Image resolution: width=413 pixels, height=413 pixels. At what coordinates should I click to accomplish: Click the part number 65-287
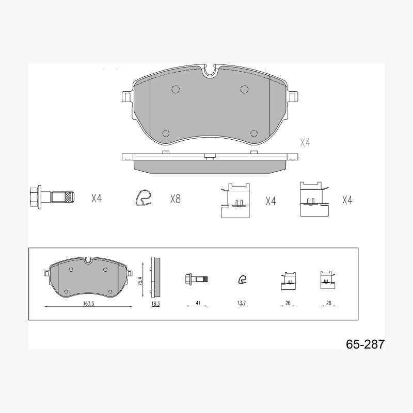click(x=365, y=344)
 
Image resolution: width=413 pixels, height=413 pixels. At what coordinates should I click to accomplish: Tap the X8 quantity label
click(x=176, y=199)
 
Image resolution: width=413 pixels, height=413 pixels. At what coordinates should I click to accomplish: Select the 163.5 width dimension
click(x=89, y=303)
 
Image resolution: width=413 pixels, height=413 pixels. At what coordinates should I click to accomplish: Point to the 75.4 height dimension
click(x=140, y=281)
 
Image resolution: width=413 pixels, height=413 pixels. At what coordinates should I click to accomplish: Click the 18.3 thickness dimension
click(x=155, y=304)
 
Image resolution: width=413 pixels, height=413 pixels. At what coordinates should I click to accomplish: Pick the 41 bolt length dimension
click(x=198, y=303)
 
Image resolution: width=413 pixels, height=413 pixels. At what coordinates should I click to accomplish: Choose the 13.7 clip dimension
click(x=241, y=303)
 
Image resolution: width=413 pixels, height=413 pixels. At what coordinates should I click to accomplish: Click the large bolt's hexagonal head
click(x=35, y=197)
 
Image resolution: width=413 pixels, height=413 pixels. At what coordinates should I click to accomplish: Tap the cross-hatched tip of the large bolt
click(x=69, y=197)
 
